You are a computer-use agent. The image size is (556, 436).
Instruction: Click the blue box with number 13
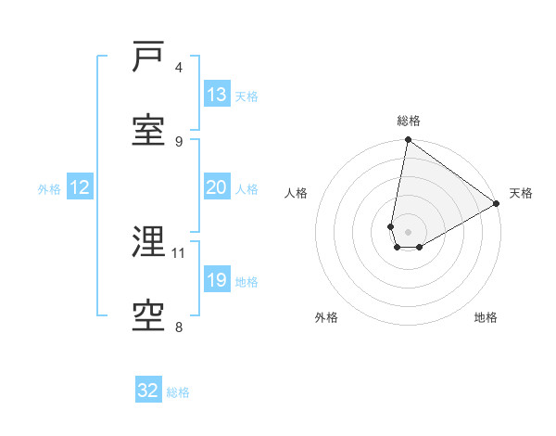pos(216,95)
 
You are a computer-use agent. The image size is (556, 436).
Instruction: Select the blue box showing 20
pos(216,187)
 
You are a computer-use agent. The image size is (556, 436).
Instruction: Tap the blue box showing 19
pos(216,280)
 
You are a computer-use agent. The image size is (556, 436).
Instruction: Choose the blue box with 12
pos(80,187)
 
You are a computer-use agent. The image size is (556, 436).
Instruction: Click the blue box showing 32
pos(148,391)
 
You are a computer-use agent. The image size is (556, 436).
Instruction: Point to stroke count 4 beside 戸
pos(179,67)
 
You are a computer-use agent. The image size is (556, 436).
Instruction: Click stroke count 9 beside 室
pos(179,141)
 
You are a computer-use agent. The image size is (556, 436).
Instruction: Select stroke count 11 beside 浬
pos(179,252)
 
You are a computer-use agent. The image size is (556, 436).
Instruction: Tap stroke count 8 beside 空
pos(179,327)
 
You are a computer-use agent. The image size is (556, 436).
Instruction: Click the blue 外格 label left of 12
pos(49,188)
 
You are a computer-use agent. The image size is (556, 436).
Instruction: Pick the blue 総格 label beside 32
pos(178,391)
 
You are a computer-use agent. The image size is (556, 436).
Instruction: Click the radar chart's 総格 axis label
pos(409,121)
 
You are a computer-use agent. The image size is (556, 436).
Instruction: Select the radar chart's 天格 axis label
pos(521,193)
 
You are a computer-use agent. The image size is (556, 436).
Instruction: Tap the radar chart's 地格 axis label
pos(486,317)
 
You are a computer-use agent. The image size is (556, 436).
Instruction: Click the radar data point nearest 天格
pos(497,204)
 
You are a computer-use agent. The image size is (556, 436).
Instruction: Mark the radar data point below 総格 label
pos(408,140)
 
